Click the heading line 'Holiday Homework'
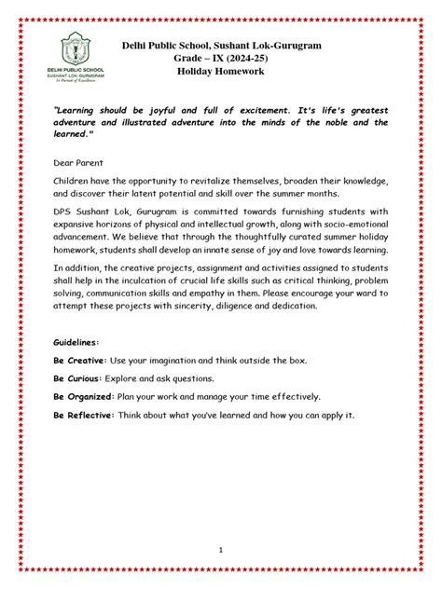(x=220, y=71)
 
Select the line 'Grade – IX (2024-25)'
(x=220, y=58)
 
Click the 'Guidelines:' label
(x=81, y=343)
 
